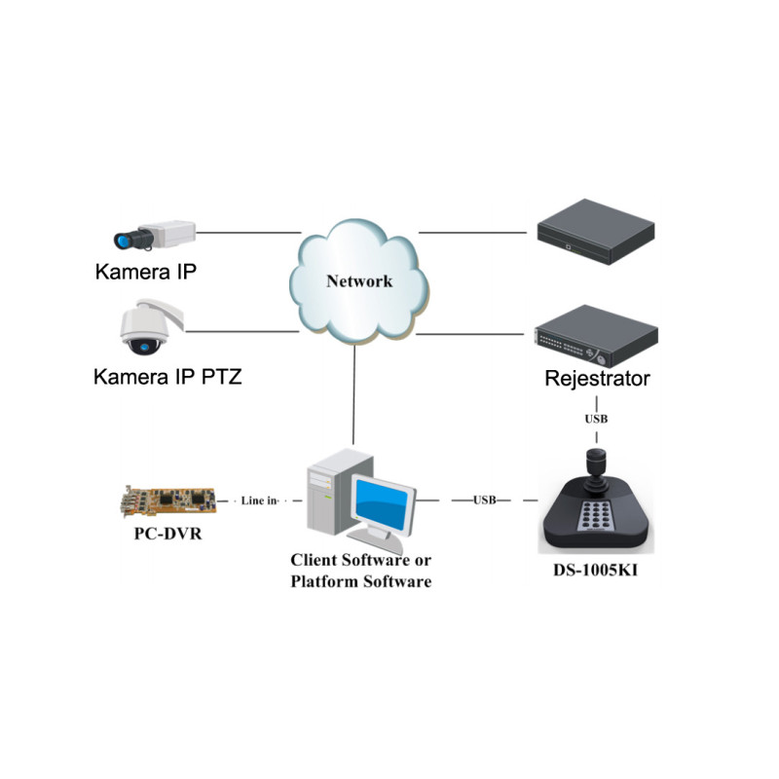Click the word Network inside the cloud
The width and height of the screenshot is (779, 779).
[x=358, y=281]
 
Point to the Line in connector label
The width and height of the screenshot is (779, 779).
[x=259, y=500]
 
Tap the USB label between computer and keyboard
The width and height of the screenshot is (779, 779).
[x=484, y=500]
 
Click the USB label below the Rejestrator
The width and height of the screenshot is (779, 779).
[x=597, y=420]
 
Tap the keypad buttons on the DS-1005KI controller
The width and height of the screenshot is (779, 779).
[x=596, y=517]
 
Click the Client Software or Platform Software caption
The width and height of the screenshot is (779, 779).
[x=360, y=571]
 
